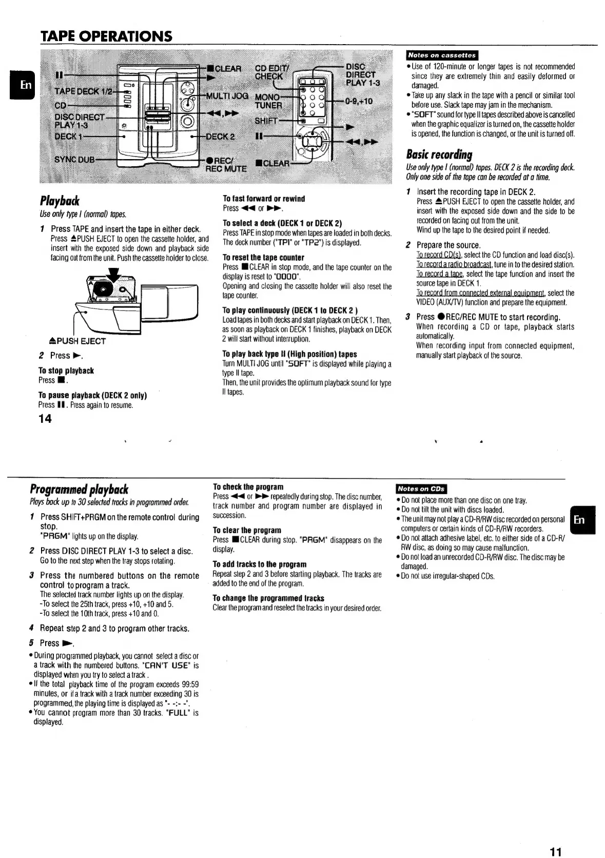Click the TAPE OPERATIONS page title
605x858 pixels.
(106, 36)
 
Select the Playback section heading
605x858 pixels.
(60, 201)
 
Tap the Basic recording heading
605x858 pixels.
(439, 154)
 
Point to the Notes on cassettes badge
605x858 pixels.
(441, 55)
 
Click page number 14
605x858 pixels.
(45, 419)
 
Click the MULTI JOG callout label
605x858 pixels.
(226, 96)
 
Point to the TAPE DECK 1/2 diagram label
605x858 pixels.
(83, 91)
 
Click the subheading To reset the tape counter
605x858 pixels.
(263, 257)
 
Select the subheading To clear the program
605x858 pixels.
(247, 530)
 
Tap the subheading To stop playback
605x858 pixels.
(66, 371)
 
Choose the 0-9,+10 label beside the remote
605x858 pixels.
(358, 101)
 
